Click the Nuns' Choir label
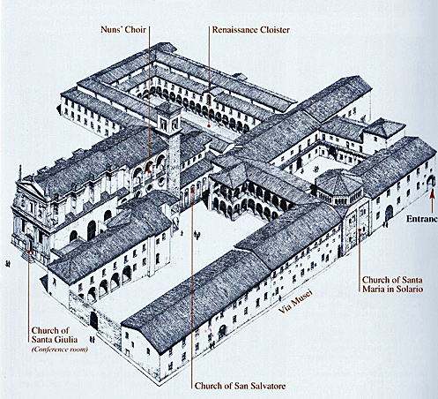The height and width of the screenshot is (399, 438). pyautogui.click(x=123, y=30)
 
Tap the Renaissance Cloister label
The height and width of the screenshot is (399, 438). pyautogui.click(x=251, y=30)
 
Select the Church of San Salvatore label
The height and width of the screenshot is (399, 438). pyautogui.click(x=240, y=386)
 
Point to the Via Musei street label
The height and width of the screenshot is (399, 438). pyautogui.click(x=294, y=302)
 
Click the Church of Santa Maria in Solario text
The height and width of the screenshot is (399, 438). pyautogui.click(x=392, y=284)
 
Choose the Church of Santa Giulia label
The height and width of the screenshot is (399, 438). pyautogui.click(x=55, y=335)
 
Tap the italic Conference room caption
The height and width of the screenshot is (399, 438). pyautogui.click(x=60, y=350)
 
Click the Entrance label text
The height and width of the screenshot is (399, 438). pyautogui.click(x=422, y=219)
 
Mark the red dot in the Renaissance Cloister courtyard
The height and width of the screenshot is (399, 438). pyautogui.click(x=209, y=125)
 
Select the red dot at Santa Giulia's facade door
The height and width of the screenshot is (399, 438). pyautogui.click(x=28, y=252)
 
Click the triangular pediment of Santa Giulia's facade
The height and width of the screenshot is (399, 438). pyautogui.click(x=29, y=187)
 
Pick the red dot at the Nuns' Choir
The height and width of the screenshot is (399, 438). pyautogui.click(x=149, y=170)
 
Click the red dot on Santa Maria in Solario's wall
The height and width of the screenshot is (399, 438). pyautogui.click(x=360, y=230)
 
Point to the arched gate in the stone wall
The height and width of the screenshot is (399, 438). pyautogui.click(x=93, y=320)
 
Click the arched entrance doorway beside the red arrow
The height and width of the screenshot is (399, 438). pyautogui.click(x=431, y=182)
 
